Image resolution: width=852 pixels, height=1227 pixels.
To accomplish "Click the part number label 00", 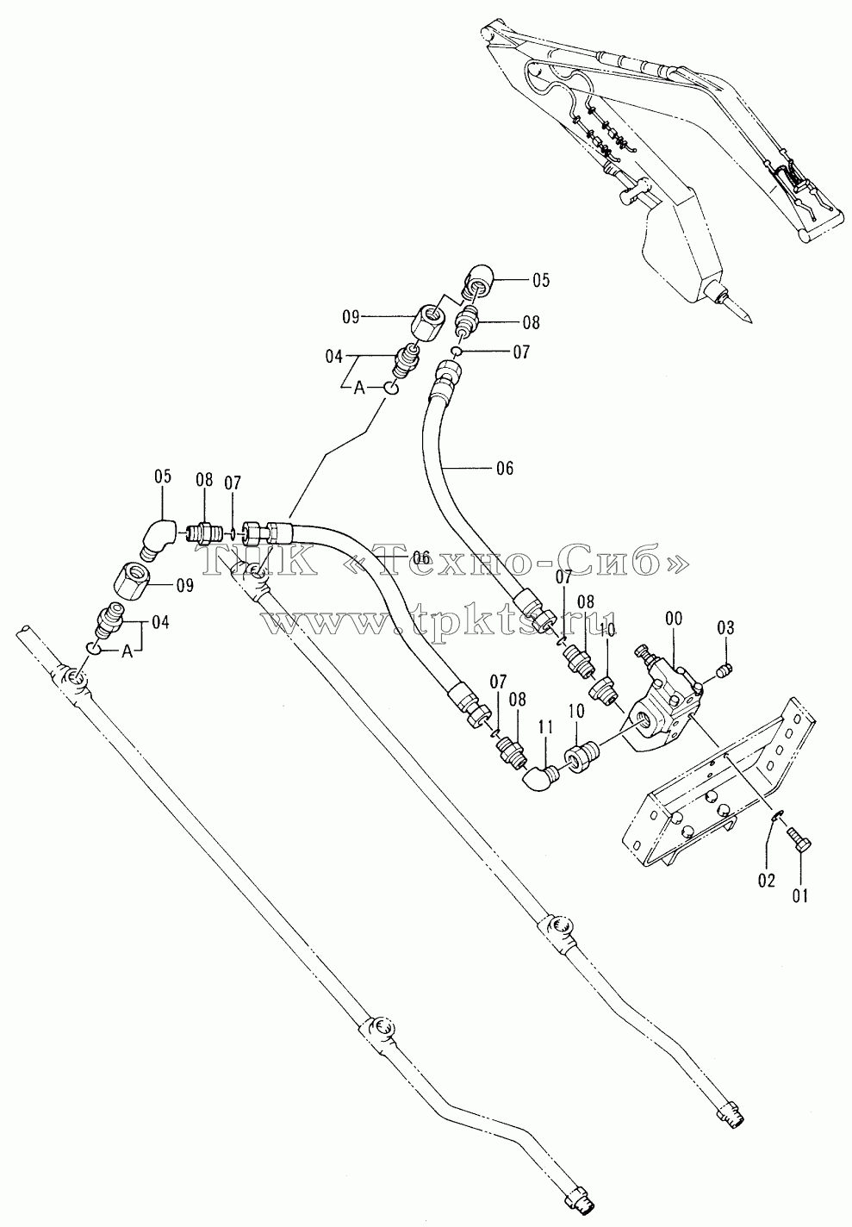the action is tap(674, 620).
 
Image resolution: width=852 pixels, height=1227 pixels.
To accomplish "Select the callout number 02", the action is tap(767, 881).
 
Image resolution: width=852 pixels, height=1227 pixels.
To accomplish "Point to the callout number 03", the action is tap(725, 628).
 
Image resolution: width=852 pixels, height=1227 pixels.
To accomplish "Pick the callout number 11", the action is tap(545, 728).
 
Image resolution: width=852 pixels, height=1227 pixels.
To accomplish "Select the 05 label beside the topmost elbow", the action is tap(540, 280).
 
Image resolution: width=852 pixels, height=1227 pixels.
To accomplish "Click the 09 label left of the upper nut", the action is tap(351, 317).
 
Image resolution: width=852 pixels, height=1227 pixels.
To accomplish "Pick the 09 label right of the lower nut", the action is tap(184, 586).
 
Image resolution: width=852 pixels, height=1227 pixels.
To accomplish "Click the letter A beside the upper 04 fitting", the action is tap(358, 389).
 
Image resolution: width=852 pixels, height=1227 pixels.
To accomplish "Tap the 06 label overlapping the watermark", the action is tap(420, 558).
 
